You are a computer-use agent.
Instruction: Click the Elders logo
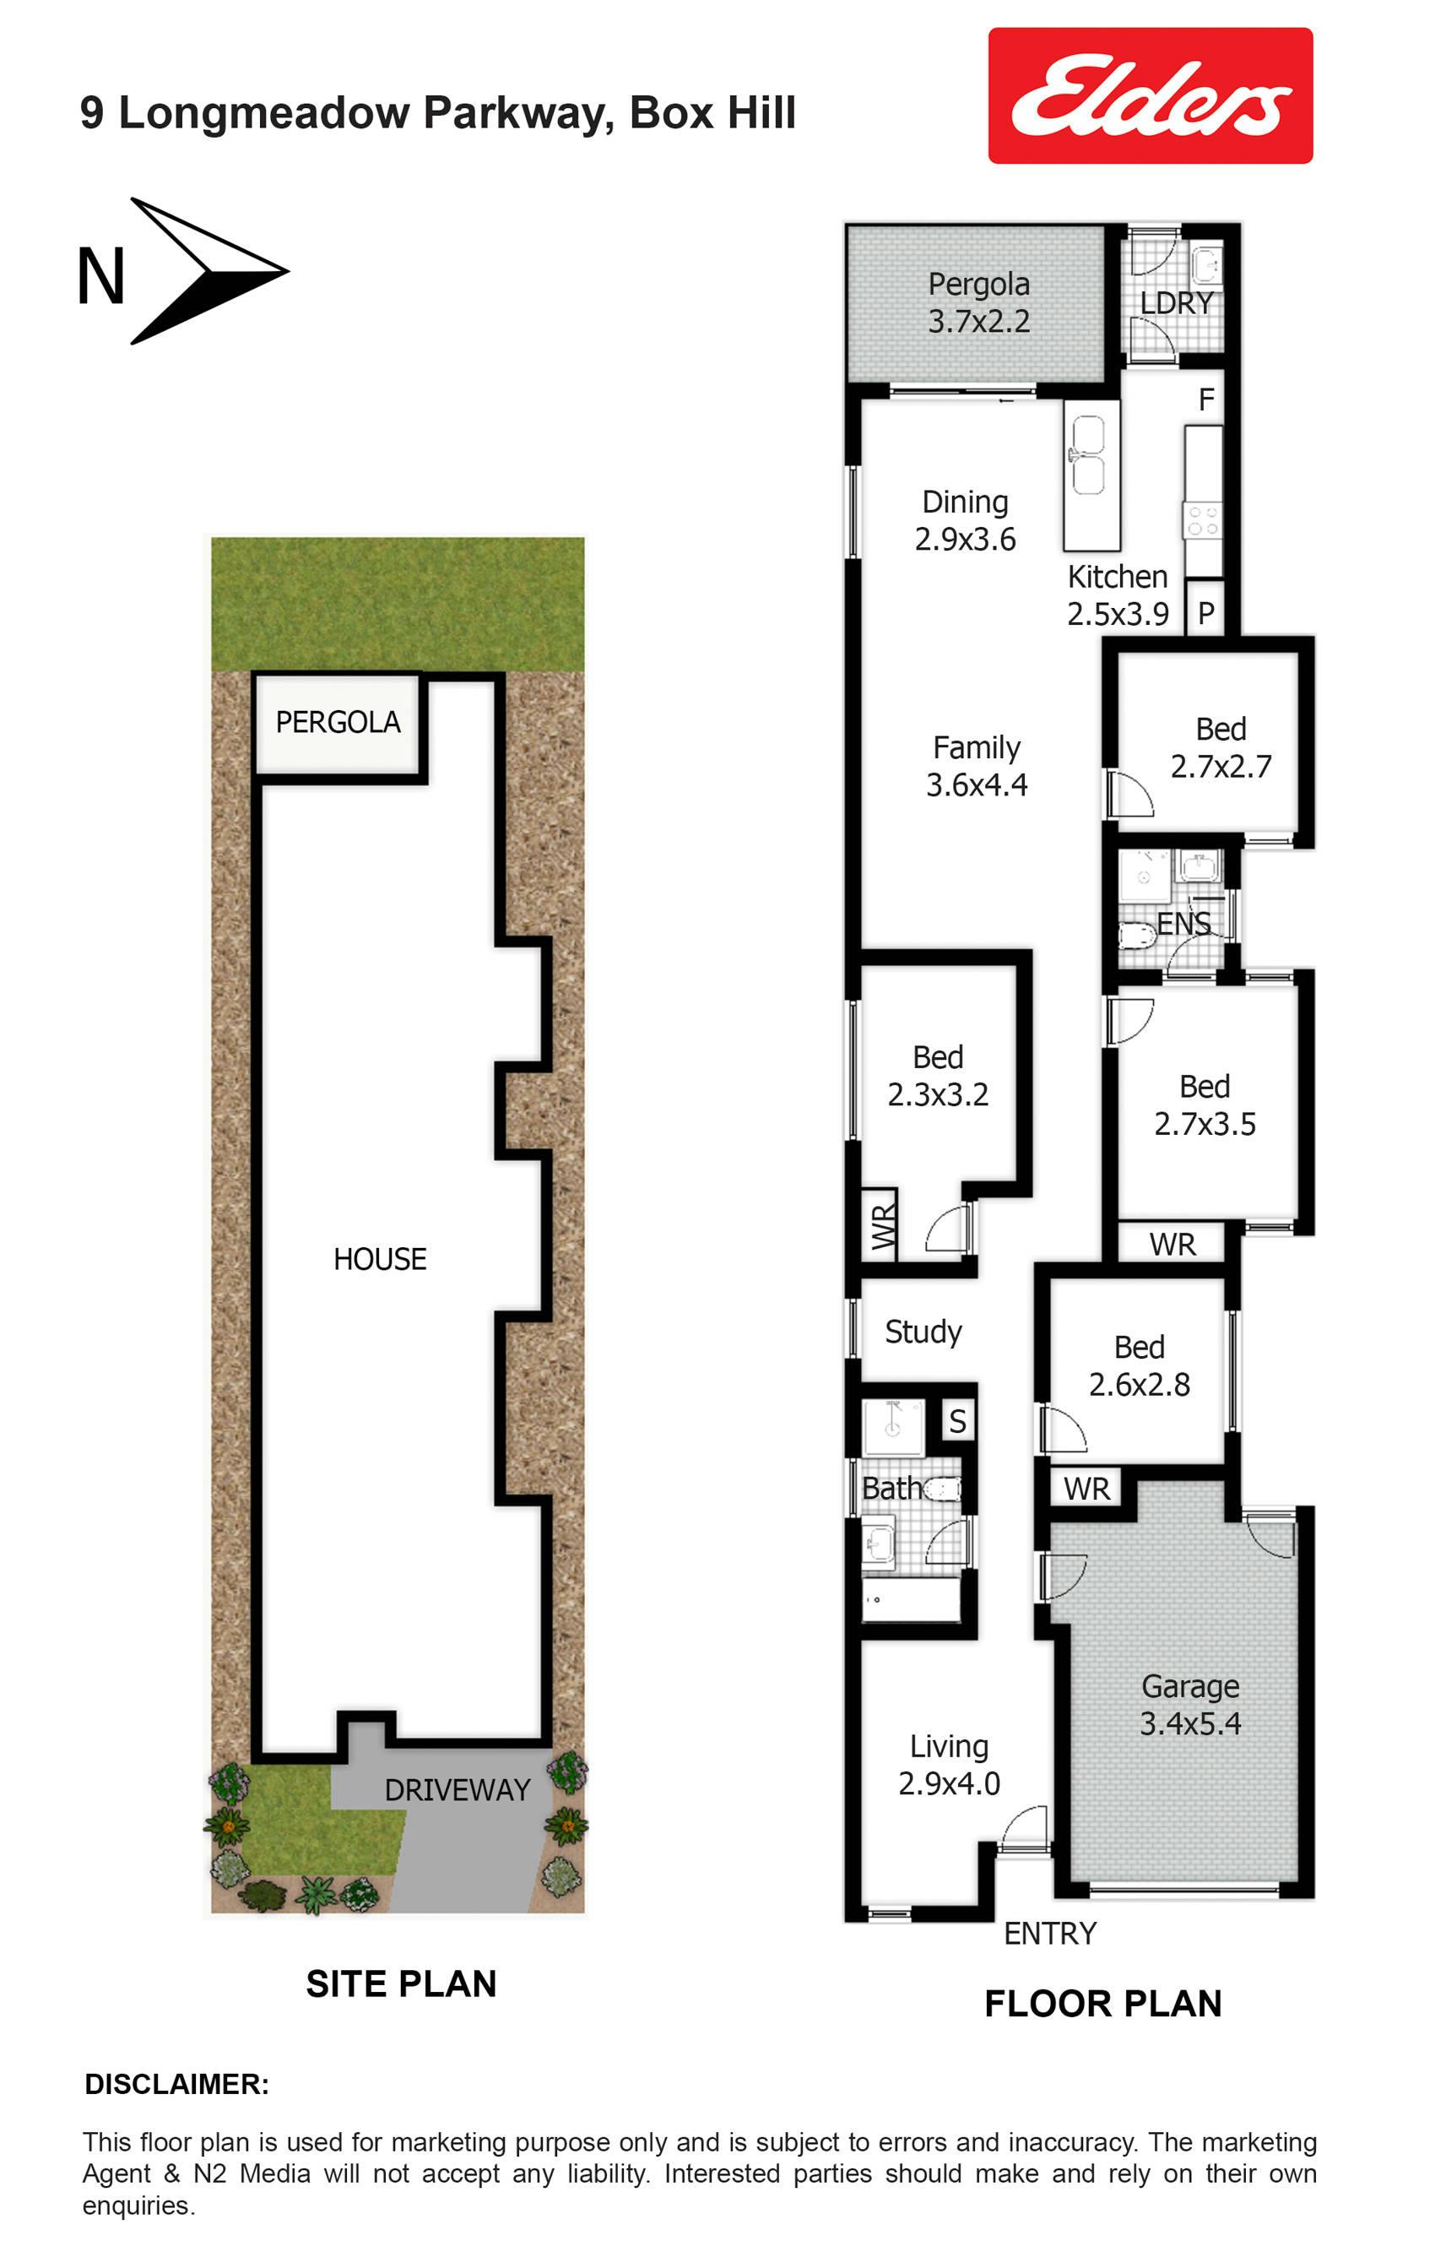(1151, 95)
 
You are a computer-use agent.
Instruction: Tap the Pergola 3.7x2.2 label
(978, 302)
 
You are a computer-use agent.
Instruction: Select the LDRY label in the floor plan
(1177, 303)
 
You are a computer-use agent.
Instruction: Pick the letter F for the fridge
(1206, 400)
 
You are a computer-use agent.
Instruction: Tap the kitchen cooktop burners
(1203, 521)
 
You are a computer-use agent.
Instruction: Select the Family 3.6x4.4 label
(977, 765)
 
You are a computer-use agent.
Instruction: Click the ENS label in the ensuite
(1183, 924)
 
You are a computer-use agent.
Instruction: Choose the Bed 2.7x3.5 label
(1205, 1104)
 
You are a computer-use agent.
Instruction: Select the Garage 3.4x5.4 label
(1190, 1705)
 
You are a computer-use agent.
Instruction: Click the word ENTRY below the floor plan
(1050, 1934)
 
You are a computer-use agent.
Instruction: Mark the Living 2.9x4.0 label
(950, 1765)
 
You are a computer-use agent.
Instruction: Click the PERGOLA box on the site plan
(338, 723)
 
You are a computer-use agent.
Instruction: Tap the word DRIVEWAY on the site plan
(458, 1790)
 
